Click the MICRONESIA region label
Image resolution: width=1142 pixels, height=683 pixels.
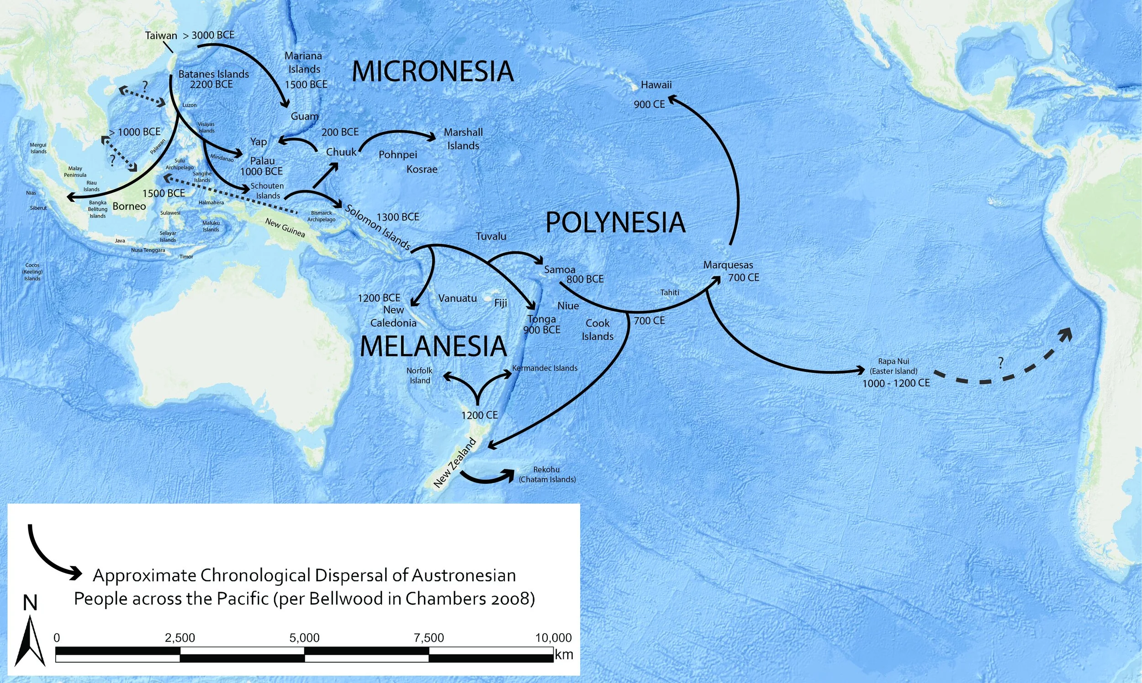[433, 72]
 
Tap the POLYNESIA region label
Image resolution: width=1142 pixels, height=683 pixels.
[615, 223]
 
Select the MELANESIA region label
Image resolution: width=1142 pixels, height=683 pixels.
[433, 346]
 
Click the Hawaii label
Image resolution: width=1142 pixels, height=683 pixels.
[656, 85]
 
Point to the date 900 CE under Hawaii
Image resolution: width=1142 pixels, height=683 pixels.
[649, 105]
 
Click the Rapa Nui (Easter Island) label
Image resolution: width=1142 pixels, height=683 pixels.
[893, 366]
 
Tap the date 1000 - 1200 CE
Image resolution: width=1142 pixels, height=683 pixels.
[896, 383]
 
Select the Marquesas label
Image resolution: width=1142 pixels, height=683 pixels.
[728, 265]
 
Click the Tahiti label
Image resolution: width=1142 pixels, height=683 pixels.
[670, 292]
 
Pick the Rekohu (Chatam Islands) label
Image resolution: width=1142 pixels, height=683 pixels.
[547, 475]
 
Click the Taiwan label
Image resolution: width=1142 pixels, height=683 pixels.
[161, 36]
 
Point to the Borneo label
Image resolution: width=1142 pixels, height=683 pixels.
[129, 206]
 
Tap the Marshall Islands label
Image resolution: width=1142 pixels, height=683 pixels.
[463, 139]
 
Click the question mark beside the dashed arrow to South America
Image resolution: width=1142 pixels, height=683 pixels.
[1001, 363]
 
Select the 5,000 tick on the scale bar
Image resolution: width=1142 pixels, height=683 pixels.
[304, 638]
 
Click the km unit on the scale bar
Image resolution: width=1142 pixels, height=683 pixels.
[564, 655]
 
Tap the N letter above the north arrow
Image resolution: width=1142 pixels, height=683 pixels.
[30, 603]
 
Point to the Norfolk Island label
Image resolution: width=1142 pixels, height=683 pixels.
[420, 376]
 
